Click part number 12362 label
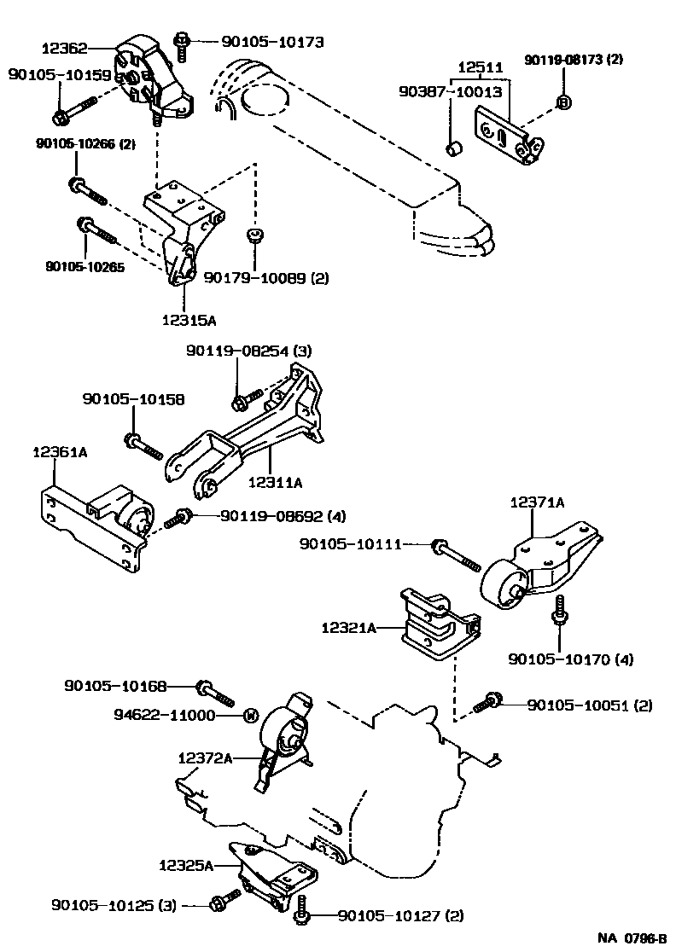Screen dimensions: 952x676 63,49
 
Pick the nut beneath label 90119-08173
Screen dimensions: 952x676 563,102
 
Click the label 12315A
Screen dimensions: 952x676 188,321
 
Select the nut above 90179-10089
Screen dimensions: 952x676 253,234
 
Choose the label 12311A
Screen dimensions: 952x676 275,482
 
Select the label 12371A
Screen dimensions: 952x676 538,503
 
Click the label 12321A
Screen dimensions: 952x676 349,628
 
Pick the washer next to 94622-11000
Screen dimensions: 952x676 251,715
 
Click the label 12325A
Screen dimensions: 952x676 185,865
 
